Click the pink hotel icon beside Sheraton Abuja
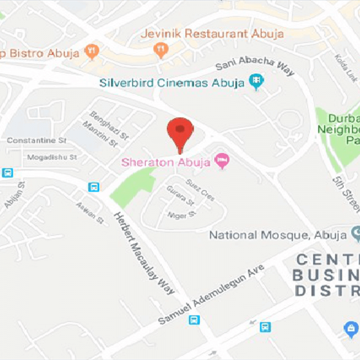[223, 161]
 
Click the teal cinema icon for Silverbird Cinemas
[257, 81]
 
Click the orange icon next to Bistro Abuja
[92, 52]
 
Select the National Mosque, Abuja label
[278, 235]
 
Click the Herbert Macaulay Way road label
[144, 254]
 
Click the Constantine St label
[36, 140]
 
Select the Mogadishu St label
[52, 157]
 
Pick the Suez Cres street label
[200, 189]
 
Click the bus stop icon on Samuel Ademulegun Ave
[194, 320]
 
